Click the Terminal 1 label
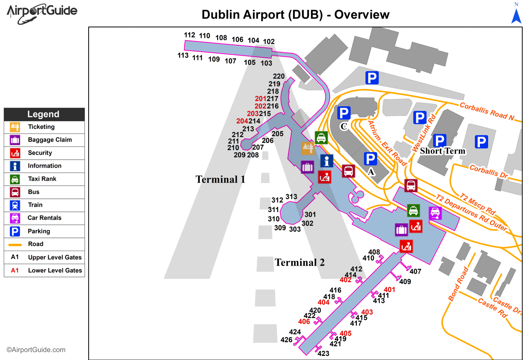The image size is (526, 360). [x=220, y=180]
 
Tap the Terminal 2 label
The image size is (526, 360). [x=299, y=262]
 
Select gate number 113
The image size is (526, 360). [x=183, y=56]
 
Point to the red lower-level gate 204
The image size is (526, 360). [x=242, y=121]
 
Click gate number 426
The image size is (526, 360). [x=286, y=340]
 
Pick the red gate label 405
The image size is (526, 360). [x=346, y=333]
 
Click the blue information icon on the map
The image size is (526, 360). [x=326, y=161]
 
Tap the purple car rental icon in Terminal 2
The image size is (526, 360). [x=435, y=213]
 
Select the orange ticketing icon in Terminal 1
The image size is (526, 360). [x=308, y=148]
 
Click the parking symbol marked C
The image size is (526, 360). [x=344, y=113]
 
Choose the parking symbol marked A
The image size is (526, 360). [x=370, y=159]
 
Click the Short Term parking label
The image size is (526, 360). [x=443, y=151]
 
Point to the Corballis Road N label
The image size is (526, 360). [x=487, y=112]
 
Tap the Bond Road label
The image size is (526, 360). [x=458, y=284]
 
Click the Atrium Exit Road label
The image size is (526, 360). [x=387, y=143]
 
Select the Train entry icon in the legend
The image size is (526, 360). [x=15, y=205]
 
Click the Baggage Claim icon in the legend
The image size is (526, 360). [x=15, y=140]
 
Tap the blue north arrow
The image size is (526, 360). [x=516, y=16]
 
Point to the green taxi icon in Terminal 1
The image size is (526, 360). [x=321, y=138]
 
